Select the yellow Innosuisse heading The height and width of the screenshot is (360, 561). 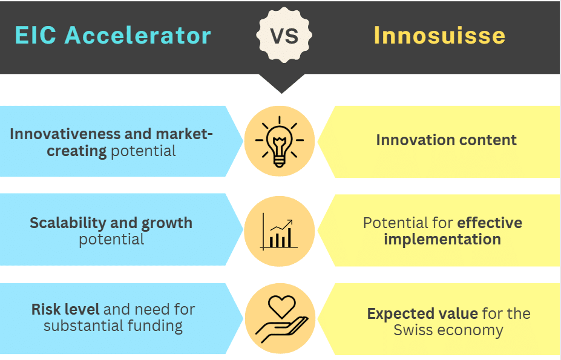click(x=439, y=35)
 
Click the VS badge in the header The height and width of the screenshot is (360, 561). click(x=284, y=36)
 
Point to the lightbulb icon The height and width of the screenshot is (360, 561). click(x=280, y=142)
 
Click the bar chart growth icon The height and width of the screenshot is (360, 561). click(x=280, y=231)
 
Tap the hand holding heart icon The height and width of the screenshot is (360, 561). click(x=280, y=319)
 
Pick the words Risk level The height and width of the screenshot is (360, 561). click(x=65, y=310)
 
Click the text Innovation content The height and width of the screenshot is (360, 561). click(x=446, y=140)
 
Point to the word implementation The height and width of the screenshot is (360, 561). click(x=442, y=239)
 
